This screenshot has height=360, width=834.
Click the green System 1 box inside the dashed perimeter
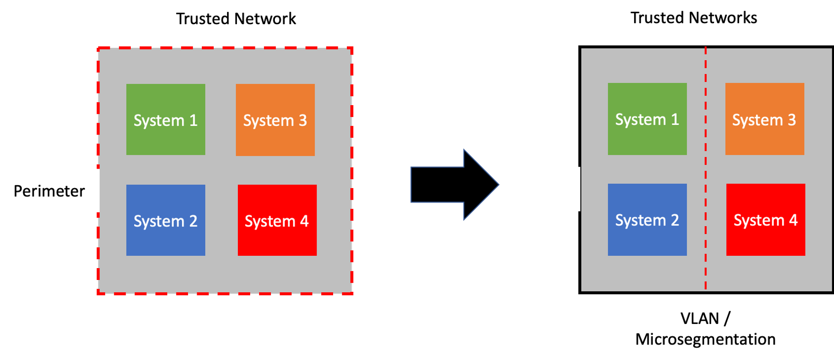(165, 119)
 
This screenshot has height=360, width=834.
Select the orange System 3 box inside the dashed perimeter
(275, 120)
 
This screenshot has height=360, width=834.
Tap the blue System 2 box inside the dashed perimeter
(165, 220)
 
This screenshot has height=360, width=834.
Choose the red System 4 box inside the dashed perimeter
(277, 220)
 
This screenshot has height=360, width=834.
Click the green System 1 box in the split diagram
(647, 118)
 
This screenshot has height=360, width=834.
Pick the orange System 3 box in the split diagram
(764, 118)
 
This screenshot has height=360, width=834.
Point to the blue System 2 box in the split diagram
(647, 219)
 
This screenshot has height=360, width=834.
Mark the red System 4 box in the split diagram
(765, 219)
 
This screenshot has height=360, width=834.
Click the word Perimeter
(49, 191)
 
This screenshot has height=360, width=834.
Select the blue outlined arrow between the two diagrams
(450, 185)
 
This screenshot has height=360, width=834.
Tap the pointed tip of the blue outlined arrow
(498, 185)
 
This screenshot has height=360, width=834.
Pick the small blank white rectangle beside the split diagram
(571, 189)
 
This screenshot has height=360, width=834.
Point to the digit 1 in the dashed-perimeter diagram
(193, 120)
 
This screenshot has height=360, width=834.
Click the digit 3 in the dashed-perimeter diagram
(302, 120)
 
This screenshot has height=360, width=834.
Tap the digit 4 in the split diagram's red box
(793, 220)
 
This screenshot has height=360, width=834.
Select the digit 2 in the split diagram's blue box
(674, 220)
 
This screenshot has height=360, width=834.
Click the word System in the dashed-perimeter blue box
(159, 221)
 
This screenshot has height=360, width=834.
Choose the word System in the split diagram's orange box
(757, 120)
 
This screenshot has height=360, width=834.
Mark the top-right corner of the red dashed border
(352, 48)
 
